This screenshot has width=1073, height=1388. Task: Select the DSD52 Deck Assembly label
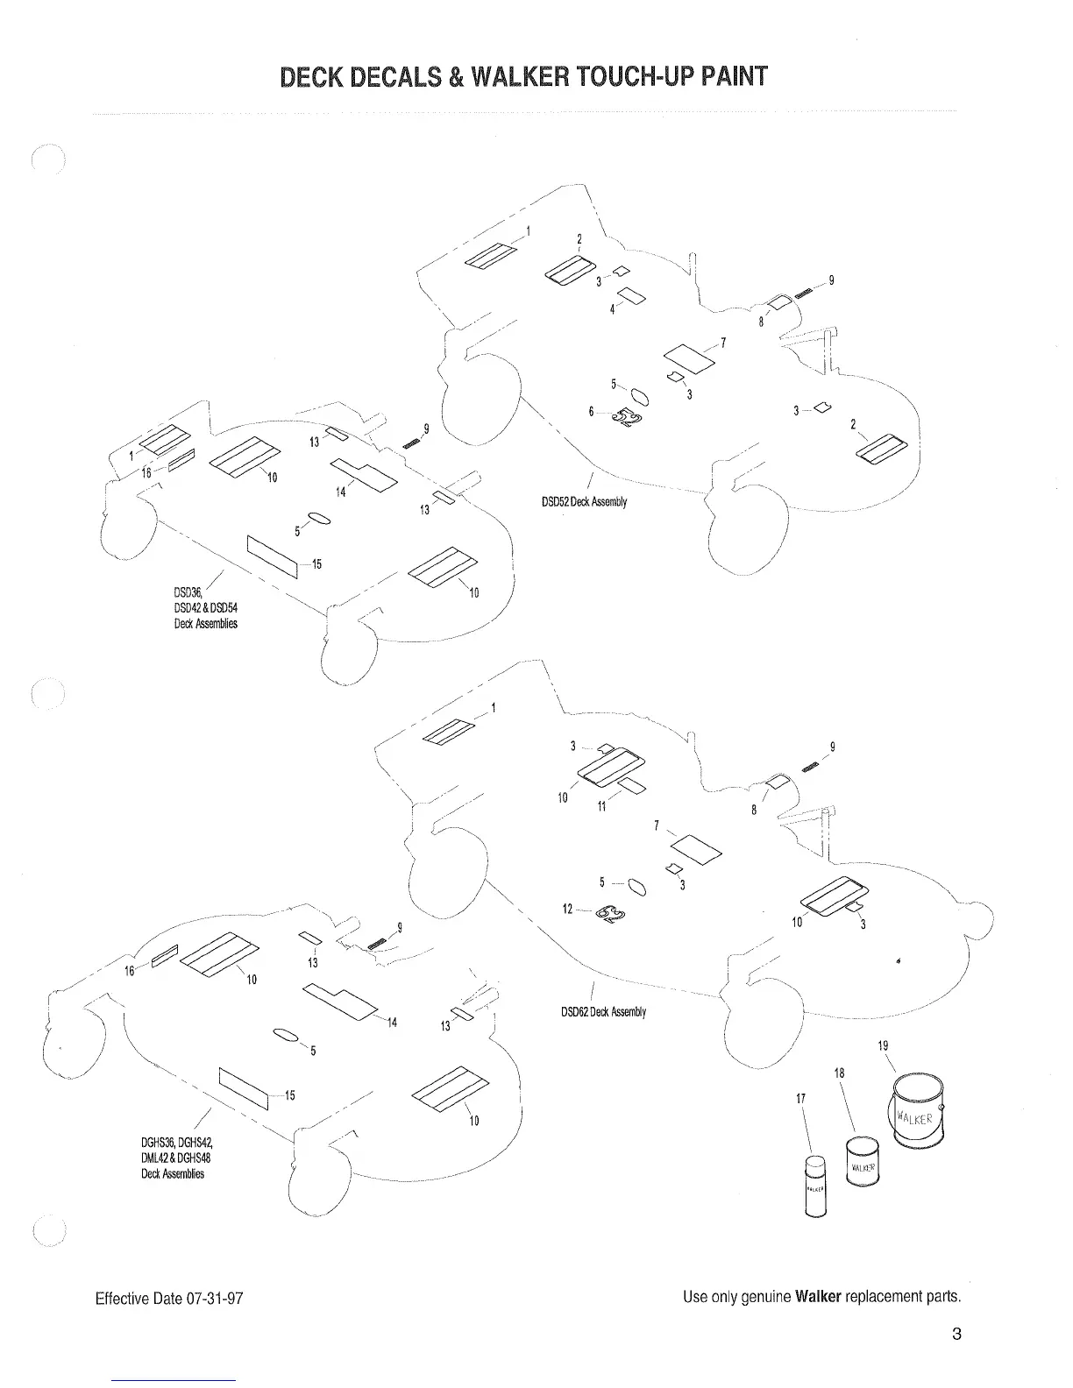coord(584,502)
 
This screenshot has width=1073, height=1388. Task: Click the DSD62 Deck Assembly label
coord(603,1012)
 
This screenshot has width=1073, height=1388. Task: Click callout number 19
coord(883,1045)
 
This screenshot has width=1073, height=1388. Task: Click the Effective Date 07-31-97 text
coord(168,1298)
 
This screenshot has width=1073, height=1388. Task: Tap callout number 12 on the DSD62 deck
coord(568,909)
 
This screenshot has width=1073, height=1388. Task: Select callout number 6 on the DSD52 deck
coord(592,411)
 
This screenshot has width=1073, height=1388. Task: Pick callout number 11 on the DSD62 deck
coord(601,806)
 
